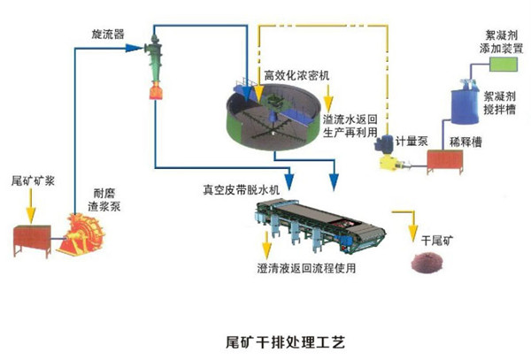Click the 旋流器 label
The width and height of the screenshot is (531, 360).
108,34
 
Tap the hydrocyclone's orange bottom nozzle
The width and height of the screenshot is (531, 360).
156,91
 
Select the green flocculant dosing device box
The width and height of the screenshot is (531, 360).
504,65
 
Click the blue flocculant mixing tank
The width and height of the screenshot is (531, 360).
465,103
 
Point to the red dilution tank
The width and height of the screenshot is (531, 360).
444,162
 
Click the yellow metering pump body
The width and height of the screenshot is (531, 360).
390,163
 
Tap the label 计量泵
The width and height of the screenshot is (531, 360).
412,142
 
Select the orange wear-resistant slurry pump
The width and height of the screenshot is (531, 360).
81,234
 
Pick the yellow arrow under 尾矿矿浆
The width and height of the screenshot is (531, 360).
31,206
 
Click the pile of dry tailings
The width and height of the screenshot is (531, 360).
427,262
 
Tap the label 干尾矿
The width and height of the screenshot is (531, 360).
437,241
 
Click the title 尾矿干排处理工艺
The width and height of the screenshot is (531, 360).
285,342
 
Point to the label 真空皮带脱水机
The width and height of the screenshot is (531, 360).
241,190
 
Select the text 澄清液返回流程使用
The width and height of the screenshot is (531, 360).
306,268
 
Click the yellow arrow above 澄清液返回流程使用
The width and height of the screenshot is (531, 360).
267,245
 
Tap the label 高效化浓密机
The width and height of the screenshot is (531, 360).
296,75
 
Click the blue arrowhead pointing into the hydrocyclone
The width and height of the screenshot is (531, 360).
134,48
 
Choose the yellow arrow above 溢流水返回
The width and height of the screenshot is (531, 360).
328,98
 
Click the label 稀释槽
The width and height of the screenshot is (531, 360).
466,142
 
